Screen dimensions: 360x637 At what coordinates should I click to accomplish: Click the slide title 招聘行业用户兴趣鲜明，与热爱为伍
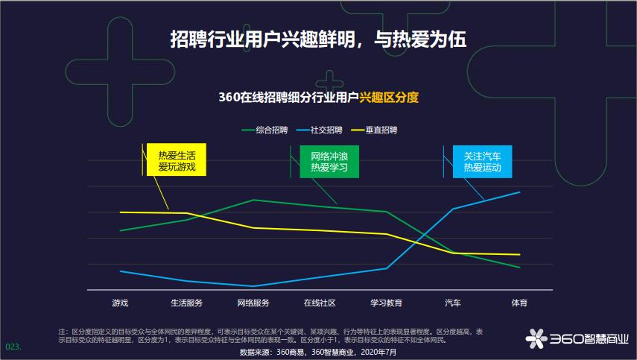318,39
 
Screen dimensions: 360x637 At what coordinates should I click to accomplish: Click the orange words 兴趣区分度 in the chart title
389,97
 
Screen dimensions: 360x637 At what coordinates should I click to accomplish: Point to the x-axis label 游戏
120,303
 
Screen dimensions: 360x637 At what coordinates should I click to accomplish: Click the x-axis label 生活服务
186,303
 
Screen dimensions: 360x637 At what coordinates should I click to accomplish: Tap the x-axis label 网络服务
253,303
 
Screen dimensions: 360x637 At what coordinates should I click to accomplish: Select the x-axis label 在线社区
320,303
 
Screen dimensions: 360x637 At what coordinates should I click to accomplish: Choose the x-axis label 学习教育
386,303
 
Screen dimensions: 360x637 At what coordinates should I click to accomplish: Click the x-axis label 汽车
453,303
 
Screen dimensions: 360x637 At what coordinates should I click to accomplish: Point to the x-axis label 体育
519,303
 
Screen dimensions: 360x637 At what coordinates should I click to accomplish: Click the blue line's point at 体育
519,192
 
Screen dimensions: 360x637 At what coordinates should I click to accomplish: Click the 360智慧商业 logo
577,338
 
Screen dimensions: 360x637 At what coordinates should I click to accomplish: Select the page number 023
13,347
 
